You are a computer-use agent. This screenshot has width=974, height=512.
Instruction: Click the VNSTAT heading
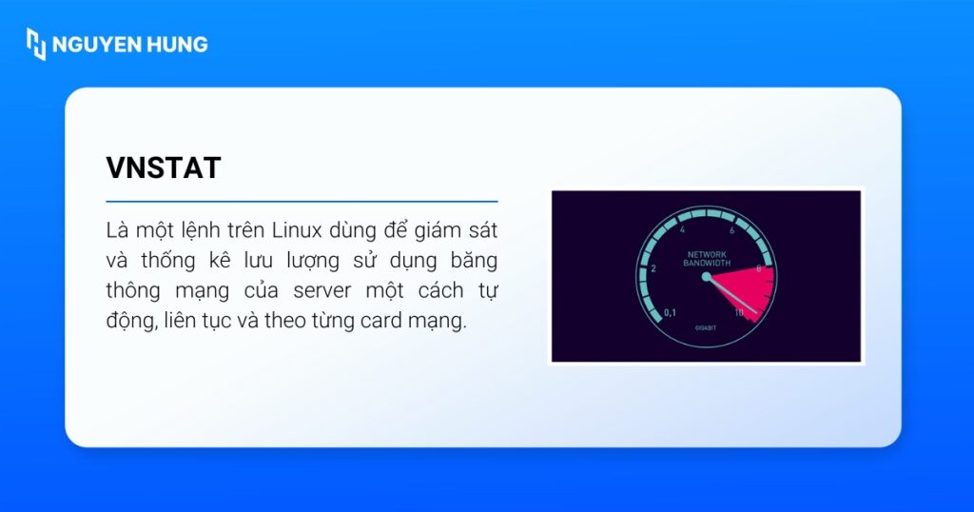click(x=163, y=167)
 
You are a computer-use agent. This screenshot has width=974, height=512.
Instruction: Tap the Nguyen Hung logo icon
click(x=35, y=44)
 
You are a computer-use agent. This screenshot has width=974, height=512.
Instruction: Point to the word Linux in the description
click(x=294, y=230)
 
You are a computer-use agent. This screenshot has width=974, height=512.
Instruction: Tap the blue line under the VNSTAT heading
click(x=302, y=202)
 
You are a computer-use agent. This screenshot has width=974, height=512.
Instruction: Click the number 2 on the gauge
click(x=653, y=269)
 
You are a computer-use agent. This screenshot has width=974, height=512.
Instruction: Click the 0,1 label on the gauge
click(x=670, y=311)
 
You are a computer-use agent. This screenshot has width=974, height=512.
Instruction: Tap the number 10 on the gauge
click(x=739, y=311)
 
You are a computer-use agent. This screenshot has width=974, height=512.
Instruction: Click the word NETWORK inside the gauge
click(x=706, y=254)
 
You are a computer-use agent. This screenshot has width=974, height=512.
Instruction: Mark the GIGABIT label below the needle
click(x=706, y=326)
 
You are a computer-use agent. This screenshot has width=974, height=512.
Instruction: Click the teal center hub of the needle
click(x=706, y=277)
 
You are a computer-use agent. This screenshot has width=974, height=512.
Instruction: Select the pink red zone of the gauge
click(x=751, y=290)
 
